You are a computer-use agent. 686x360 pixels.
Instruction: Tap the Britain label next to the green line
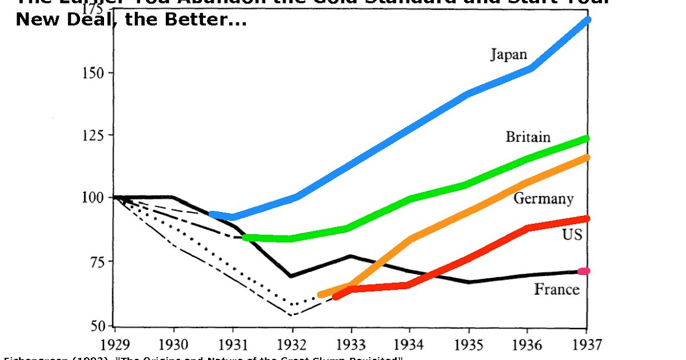528,137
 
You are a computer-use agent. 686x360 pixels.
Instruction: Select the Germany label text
543,198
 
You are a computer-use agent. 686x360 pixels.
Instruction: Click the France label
556,289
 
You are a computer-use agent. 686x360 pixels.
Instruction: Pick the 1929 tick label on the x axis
115,345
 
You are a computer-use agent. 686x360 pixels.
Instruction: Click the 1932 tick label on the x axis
292,345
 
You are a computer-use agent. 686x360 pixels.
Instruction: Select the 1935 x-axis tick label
469,345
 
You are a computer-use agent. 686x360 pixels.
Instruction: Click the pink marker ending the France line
583,271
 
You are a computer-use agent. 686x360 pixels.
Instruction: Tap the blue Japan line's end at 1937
587,20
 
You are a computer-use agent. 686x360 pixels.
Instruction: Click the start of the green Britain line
246,237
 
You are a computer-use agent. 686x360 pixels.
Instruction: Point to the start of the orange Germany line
321,295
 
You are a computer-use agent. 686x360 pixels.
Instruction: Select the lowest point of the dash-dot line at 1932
292,315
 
